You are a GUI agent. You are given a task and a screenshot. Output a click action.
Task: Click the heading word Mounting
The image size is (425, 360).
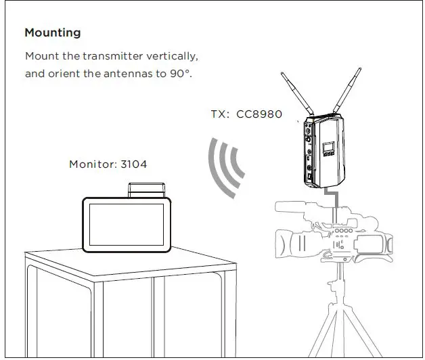(52, 32)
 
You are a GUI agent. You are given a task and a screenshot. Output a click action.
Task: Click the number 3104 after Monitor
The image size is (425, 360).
(134, 164)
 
